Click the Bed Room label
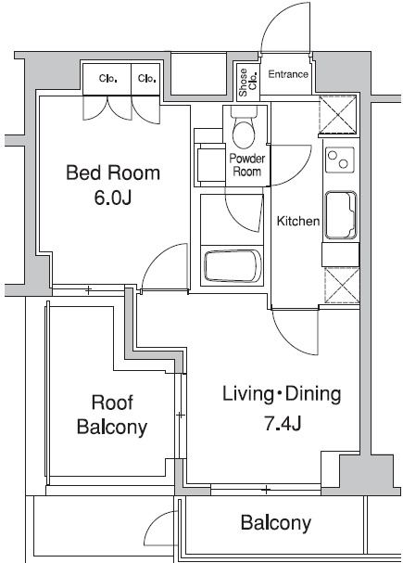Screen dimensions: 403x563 (113, 173)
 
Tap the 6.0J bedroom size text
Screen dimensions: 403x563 (113, 198)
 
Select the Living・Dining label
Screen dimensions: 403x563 (282, 394)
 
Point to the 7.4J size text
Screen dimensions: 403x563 (283, 423)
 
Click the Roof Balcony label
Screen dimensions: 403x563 (112, 415)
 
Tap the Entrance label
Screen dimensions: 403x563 (288, 74)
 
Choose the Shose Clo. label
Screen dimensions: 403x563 (247, 83)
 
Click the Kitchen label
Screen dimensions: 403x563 (298, 221)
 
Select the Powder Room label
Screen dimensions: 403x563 (247, 165)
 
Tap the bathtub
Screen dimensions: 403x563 (233, 266)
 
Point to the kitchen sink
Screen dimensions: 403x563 (341, 215)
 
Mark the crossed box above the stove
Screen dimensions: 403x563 (337, 114)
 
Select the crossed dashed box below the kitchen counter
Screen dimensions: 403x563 (342, 285)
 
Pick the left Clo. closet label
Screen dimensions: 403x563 (107, 78)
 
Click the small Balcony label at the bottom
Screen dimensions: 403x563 (276, 523)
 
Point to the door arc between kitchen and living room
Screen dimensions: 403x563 (289, 340)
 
